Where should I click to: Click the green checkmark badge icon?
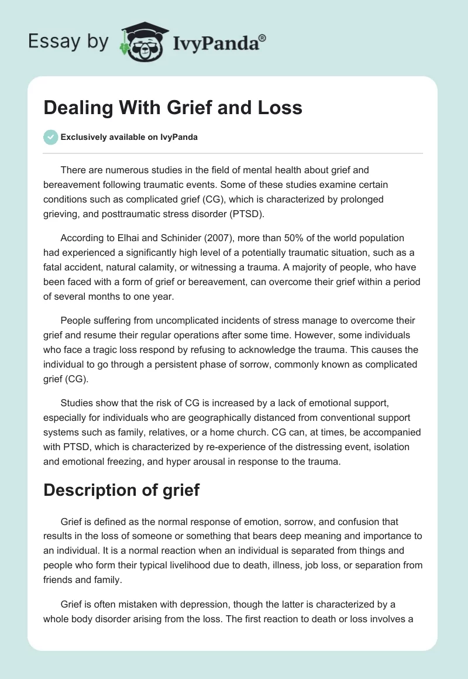(x=50, y=137)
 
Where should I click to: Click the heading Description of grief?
(x=121, y=490)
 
